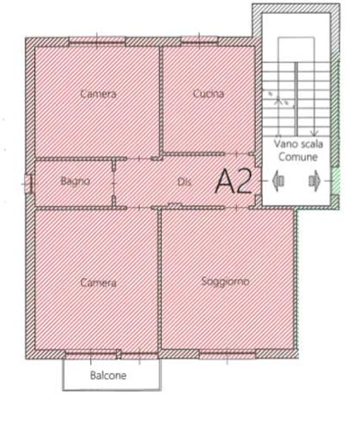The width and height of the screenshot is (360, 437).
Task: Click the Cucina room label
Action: [x=208, y=93]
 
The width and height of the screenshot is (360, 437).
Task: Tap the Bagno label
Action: [x=75, y=181]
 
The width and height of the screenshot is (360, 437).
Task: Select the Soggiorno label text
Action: [x=225, y=280]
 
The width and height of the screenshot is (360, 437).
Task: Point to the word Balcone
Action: [x=109, y=376]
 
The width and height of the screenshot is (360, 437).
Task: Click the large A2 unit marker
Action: [x=234, y=181]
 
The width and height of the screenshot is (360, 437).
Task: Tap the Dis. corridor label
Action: [x=184, y=182]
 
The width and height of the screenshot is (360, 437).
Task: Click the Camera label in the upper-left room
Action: [x=98, y=93]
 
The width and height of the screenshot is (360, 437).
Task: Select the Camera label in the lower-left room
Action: [x=98, y=283]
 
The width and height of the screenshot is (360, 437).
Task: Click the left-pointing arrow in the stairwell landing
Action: [x=278, y=179]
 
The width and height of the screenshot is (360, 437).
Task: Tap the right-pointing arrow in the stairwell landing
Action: [x=314, y=179]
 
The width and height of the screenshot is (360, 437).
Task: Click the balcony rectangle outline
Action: [x=111, y=386]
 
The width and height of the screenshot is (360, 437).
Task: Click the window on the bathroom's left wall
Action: [x=28, y=184]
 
